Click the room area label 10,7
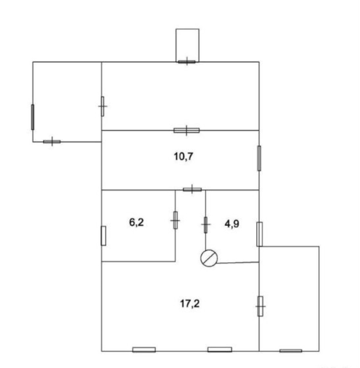tap(184, 156)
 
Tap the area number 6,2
tap(137, 222)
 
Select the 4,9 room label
tap(232, 224)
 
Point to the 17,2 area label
tap(190, 303)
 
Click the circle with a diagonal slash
tap(209, 258)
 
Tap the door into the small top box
tap(187, 62)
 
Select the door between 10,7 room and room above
tap(187, 131)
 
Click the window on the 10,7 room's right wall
tap(259, 158)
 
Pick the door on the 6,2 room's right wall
tap(175, 220)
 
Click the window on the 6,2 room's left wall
tap(103, 236)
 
